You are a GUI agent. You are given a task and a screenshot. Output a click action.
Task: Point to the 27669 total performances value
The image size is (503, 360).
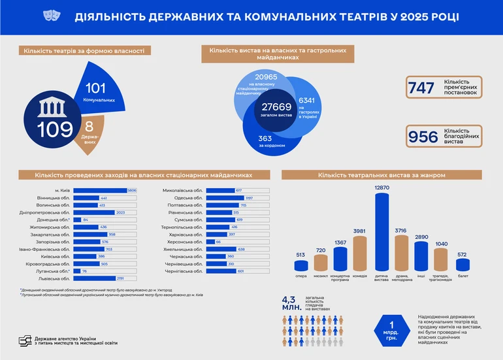pos(276,106)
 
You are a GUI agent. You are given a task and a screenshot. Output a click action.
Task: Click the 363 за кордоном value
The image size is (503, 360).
pos(265,138)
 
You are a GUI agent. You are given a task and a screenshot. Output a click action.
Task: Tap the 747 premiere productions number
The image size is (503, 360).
pos(421,88)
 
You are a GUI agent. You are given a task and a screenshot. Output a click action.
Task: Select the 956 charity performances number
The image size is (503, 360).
pos(423,137)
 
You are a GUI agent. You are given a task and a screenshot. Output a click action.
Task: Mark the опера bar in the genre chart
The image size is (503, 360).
pos(301,265)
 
